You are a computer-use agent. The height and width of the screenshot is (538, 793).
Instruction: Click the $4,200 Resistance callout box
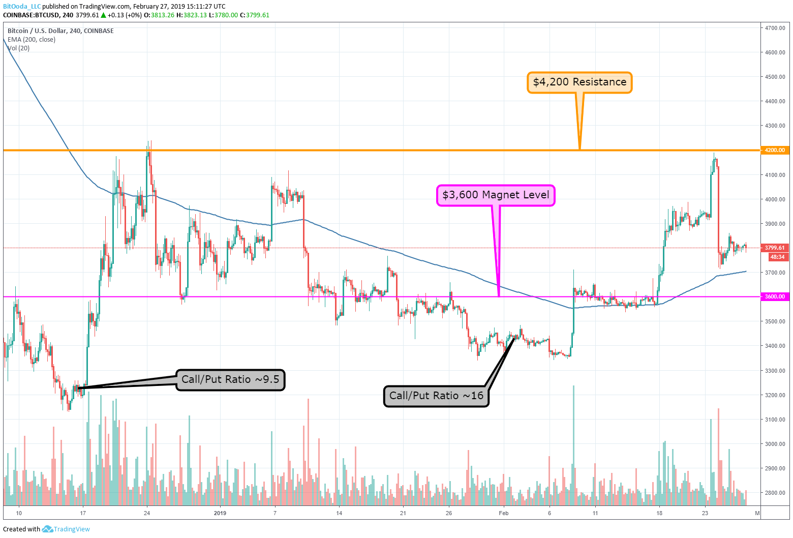coord(579,82)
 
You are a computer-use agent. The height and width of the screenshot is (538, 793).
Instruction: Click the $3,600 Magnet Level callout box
coord(496,195)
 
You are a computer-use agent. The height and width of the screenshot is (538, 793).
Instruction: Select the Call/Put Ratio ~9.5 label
coord(230,380)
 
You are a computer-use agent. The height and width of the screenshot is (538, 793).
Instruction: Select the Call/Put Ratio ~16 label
coord(436,396)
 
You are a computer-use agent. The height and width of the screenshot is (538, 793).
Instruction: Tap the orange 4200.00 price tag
coord(774,150)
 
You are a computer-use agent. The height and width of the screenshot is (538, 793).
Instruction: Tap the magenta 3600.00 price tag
coord(774,296)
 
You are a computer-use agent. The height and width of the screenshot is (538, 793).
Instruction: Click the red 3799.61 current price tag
coord(774,248)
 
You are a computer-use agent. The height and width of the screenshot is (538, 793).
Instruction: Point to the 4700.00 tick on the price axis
coord(775,28)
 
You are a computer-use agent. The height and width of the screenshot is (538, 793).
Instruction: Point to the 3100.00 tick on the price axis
coord(775,420)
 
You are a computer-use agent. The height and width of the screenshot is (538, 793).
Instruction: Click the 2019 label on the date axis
coord(220,513)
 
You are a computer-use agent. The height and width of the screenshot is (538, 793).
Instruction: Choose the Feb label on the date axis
coord(503,513)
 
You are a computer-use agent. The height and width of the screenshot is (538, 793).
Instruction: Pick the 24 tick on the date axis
coord(147,513)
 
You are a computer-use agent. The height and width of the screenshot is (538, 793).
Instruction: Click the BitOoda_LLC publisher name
coord(22,7)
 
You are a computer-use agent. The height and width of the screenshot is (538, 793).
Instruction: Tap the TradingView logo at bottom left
coord(66,529)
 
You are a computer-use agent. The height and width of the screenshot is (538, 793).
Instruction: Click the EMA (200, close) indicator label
coord(32,40)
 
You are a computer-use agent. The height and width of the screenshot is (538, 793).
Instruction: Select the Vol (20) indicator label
coord(19,48)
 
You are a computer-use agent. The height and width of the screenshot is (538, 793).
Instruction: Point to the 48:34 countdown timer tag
coord(777,257)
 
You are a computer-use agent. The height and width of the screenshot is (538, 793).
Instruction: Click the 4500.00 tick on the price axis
coord(775,77)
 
